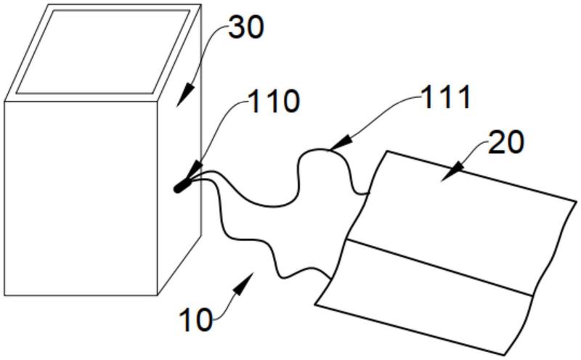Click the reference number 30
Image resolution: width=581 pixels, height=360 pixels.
point(245,28)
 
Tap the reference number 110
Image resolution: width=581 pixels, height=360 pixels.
point(274,102)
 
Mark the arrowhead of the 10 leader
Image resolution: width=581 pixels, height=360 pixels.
point(248,280)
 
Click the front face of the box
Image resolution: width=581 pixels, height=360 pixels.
point(80,196)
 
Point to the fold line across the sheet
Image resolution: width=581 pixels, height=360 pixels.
point(443,269)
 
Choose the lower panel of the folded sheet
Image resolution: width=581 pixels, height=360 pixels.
point(428,305)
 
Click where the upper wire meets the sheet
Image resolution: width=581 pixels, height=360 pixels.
point(367,193)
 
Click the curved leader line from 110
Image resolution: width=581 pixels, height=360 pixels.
point(218,131)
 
